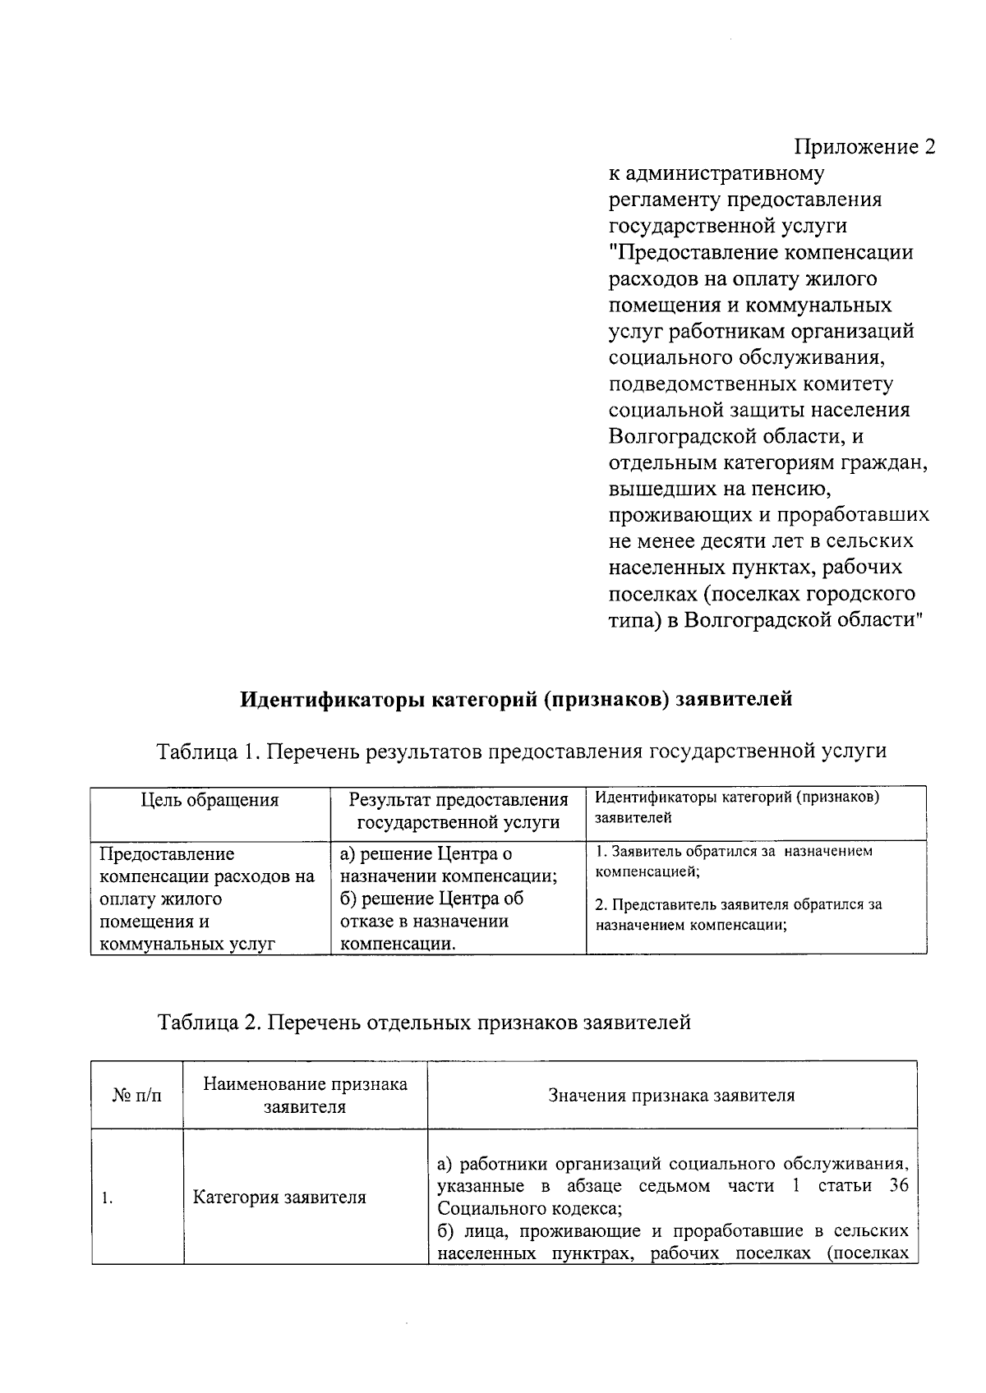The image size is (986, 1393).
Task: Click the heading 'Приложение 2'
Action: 864,147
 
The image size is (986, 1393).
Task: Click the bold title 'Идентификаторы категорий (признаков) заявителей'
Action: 516,699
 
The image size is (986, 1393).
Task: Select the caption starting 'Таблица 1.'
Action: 522,751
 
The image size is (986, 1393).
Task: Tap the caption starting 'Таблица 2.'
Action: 424,1023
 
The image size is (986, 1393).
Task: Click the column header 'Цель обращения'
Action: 210,800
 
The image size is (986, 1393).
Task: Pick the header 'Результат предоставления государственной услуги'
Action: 458,811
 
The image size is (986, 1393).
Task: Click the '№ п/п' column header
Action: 136,1095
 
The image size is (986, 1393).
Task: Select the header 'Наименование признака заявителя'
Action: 305,1095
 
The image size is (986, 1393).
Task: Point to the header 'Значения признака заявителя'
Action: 671,1095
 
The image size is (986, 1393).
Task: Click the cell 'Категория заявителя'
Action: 279,1197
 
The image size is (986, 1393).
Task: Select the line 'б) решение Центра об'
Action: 431,899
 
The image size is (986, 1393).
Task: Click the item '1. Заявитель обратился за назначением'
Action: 734,852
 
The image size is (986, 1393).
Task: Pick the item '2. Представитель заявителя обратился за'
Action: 739,905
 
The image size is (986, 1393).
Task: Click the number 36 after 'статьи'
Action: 898,1186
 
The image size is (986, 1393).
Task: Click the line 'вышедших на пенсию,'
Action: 721,489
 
